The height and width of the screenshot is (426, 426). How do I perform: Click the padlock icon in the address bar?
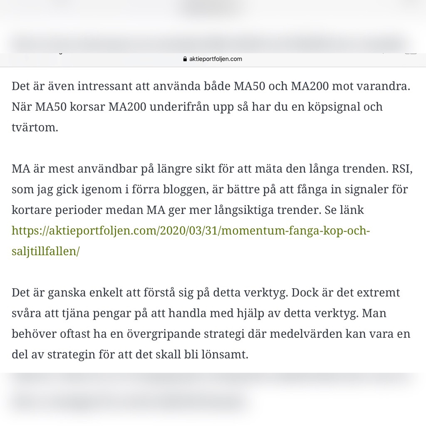click(x=185, y=59)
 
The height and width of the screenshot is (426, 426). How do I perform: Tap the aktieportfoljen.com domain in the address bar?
click(x=215, y=59)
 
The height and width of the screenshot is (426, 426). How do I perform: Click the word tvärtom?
click(x=35, y=127)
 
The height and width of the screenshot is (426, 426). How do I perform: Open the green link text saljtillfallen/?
click(x=46, y=251)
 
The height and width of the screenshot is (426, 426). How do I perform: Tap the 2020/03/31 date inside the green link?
click(x=185, y=230)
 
